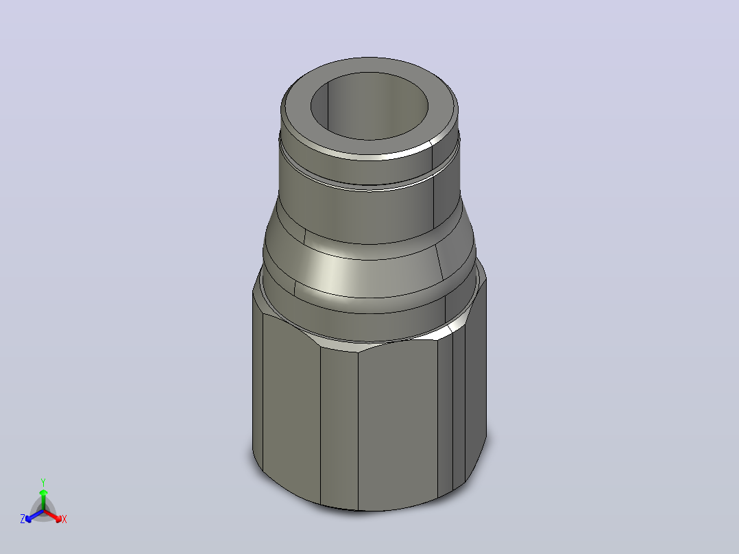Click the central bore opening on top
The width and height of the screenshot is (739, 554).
point(369,106)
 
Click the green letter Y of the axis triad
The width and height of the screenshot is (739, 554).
point(43,482)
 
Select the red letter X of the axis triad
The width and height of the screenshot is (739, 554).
point(64,519)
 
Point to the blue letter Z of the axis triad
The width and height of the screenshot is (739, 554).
point(23,519)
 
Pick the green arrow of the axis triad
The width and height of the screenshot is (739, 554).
point(43,499)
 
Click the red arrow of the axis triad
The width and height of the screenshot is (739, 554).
point(53,516)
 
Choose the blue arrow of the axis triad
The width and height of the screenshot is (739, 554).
point(34,516)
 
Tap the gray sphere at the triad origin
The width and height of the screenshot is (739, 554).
point(43,511)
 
